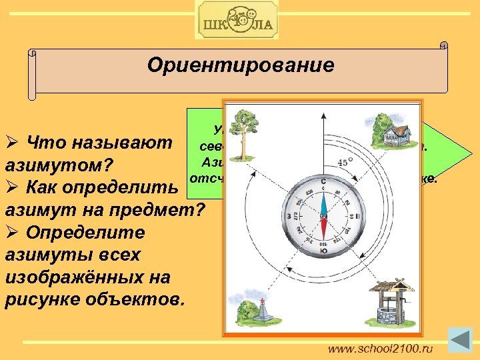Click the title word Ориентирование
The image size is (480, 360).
click(240, 65)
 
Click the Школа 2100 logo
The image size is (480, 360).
click(237, 20)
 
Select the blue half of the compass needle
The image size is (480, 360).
click(323, 200)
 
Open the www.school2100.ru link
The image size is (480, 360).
click(381, 348)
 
